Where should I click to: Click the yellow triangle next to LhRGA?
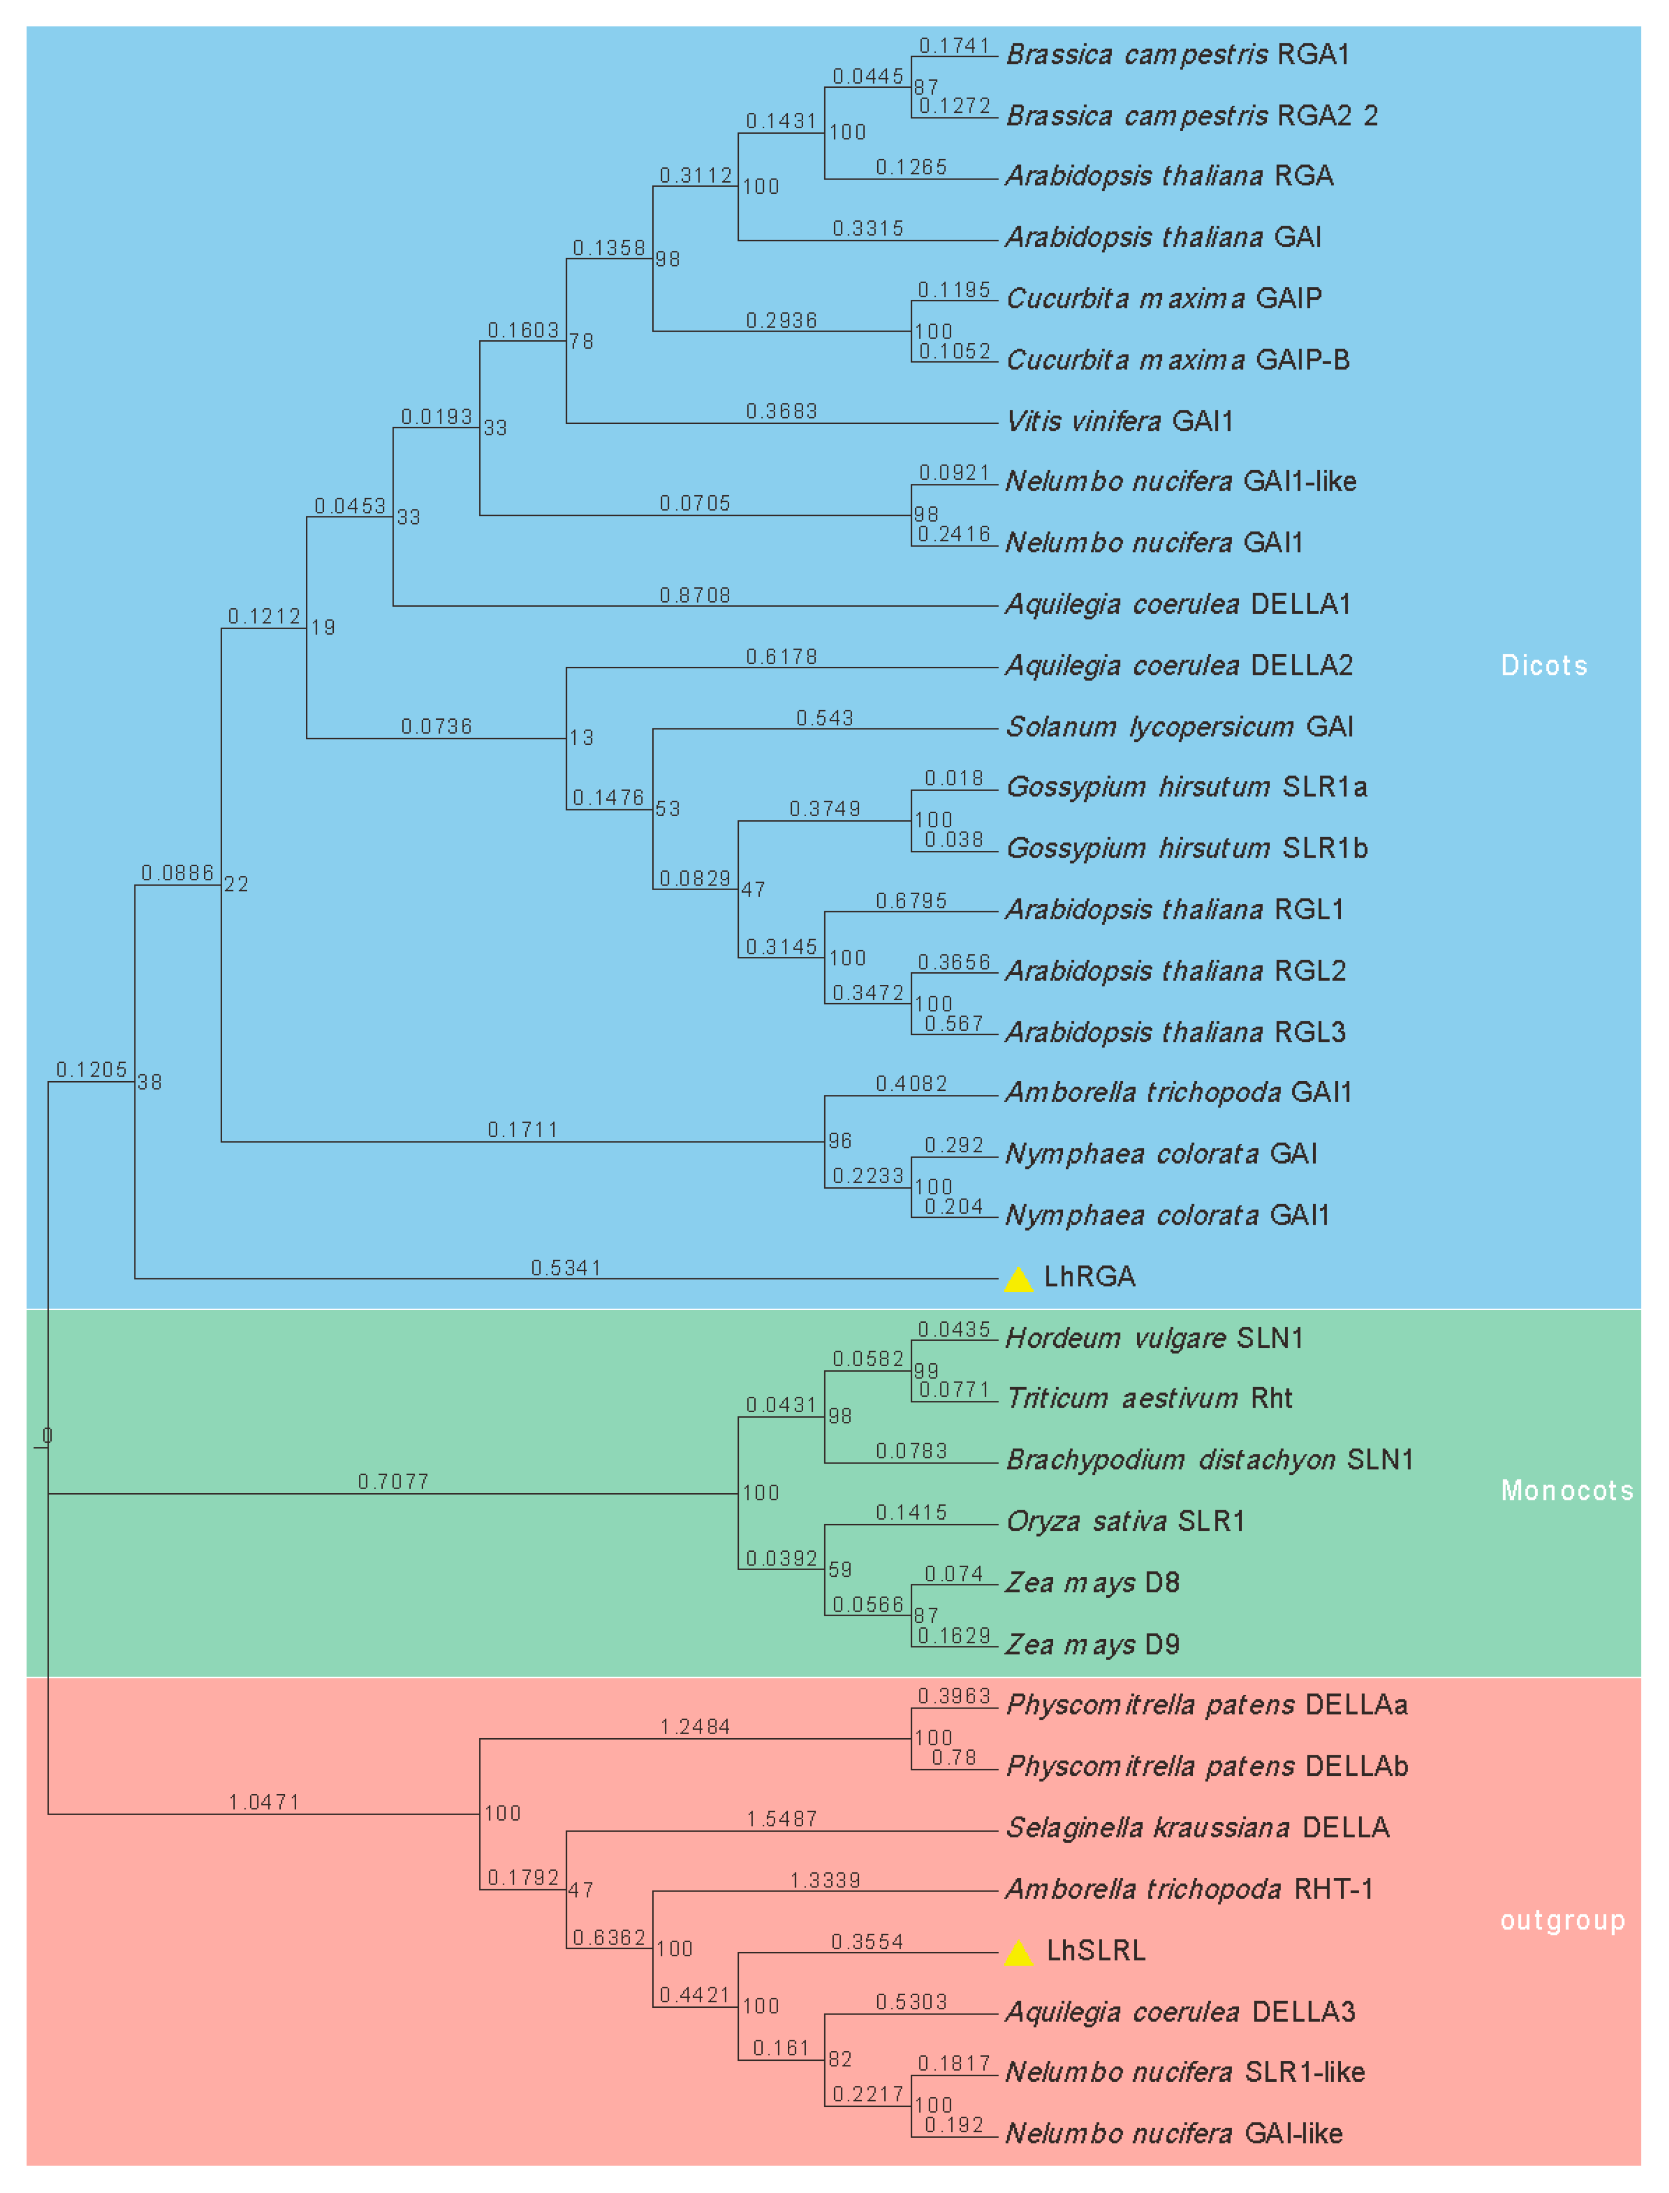pos(1018,1280)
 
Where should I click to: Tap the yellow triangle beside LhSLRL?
pos(1018,1954)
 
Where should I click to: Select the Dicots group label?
pos(1544,666)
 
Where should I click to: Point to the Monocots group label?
pos(1566,1490)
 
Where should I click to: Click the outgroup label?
pos(1562,1921)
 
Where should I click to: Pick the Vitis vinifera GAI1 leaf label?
pos(1120,421)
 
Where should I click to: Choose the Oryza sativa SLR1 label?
pos(1124,1521)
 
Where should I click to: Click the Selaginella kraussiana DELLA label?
pos(1197,1827)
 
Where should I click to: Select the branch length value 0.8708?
pos(694,595)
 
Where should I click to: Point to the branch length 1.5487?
pos(782,1819)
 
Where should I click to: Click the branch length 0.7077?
pos(394,1482)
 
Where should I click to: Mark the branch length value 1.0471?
pos(264,1801)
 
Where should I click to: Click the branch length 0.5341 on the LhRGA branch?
pos(565,1268)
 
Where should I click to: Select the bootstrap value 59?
pos(840,1570)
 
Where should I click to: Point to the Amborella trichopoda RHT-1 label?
pos(1189,1889)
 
